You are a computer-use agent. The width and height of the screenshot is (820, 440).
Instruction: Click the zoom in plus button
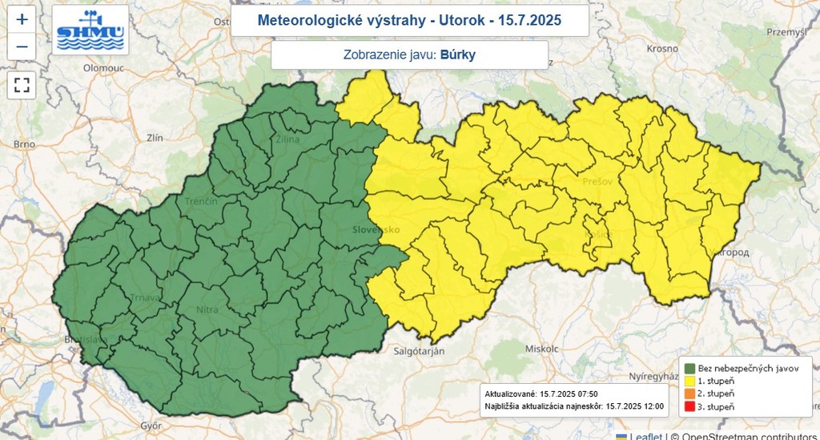click(x=22, y=18)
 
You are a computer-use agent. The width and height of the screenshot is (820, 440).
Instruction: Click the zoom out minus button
click(x=22, y=46)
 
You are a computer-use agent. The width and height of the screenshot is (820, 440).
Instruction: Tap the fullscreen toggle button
click(x=22, y=84)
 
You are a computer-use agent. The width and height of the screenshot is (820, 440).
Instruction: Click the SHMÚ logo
click(x=90, y=30)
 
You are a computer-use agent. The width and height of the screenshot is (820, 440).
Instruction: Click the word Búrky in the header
click(x=457, y=55)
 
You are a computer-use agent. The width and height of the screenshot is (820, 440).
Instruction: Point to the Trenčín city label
click(x=201, y=201)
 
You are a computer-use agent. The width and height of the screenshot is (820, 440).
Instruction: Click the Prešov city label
click(x=597, y=182)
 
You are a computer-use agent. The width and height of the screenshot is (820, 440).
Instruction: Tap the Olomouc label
click(x=102, y=69)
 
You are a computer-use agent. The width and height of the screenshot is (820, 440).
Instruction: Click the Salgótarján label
click(x=421, y=351)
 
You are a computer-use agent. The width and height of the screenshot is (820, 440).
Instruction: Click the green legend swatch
click(x=689, y=368)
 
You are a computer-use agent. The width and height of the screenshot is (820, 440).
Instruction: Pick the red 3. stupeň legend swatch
click(x=689, y=408)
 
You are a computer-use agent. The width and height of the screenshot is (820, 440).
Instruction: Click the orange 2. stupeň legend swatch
click(x=689, y=394)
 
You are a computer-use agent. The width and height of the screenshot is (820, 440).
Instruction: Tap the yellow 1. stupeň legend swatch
click(x=689, y=381)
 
